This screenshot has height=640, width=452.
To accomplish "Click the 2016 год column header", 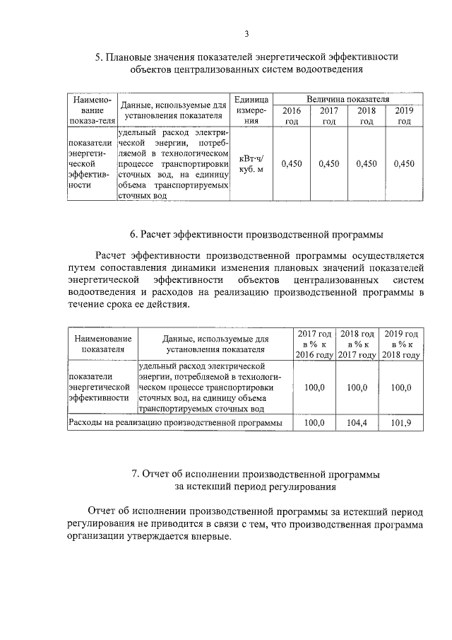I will click(291, 116).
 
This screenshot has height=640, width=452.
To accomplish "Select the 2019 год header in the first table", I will click(404, 116).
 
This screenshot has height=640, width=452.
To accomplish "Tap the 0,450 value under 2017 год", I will click(328, 163).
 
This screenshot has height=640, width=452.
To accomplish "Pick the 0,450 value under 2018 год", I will click(366, 163).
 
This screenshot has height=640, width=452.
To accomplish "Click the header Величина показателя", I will click(347, 100).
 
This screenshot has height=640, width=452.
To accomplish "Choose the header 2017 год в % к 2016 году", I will click(314, 344).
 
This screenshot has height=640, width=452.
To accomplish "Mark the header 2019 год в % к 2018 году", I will click(400, 344).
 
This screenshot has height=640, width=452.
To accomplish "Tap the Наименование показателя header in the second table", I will click(103, 343).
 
